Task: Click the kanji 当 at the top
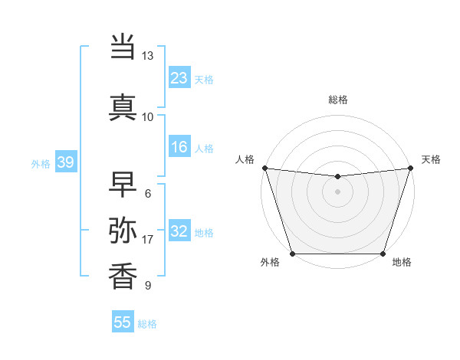(123, 47)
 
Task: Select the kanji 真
(123, 106)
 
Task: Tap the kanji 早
(123, 184)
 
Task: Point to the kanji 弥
(123, 230)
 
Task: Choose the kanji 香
(123, 276)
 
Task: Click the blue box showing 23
(179, 77)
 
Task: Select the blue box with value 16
(179, 147)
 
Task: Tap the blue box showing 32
(179, 231)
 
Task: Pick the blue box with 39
(65, 162)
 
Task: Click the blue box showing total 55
(123, 322)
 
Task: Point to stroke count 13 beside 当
(147, 56)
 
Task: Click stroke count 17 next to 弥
(147, 240)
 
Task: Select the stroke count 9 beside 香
(147, 286)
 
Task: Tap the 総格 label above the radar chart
(337, 100)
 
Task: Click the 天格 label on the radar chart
(431, 159)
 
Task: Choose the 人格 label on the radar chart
(245, 159)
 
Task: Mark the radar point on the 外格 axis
(292, 254)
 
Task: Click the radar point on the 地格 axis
(383, 254)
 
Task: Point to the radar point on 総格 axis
(337, 177)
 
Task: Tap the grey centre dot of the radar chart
(337, 191)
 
